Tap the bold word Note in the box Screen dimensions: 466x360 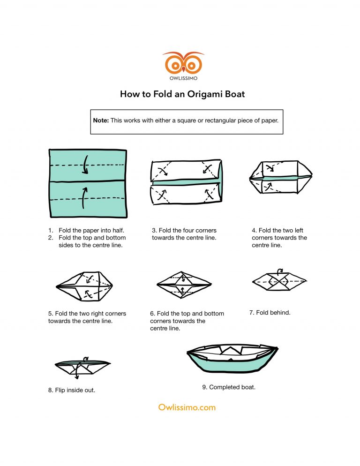point(101,120)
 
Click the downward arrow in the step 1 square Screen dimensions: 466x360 point(85,165)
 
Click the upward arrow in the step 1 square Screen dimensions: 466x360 point(83,197)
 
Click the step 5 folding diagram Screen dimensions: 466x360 point(84,286)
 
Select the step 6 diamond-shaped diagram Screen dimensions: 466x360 point(184,285)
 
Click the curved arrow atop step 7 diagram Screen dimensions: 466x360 point(280,271)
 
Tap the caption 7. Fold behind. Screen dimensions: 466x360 point(270,312)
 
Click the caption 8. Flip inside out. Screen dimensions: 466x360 point(71,390)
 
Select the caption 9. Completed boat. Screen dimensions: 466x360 point(228,387)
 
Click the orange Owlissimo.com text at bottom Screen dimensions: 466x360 point(180,407)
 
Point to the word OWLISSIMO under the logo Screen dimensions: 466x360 point(183,78)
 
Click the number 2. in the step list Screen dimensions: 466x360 point(51,238)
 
